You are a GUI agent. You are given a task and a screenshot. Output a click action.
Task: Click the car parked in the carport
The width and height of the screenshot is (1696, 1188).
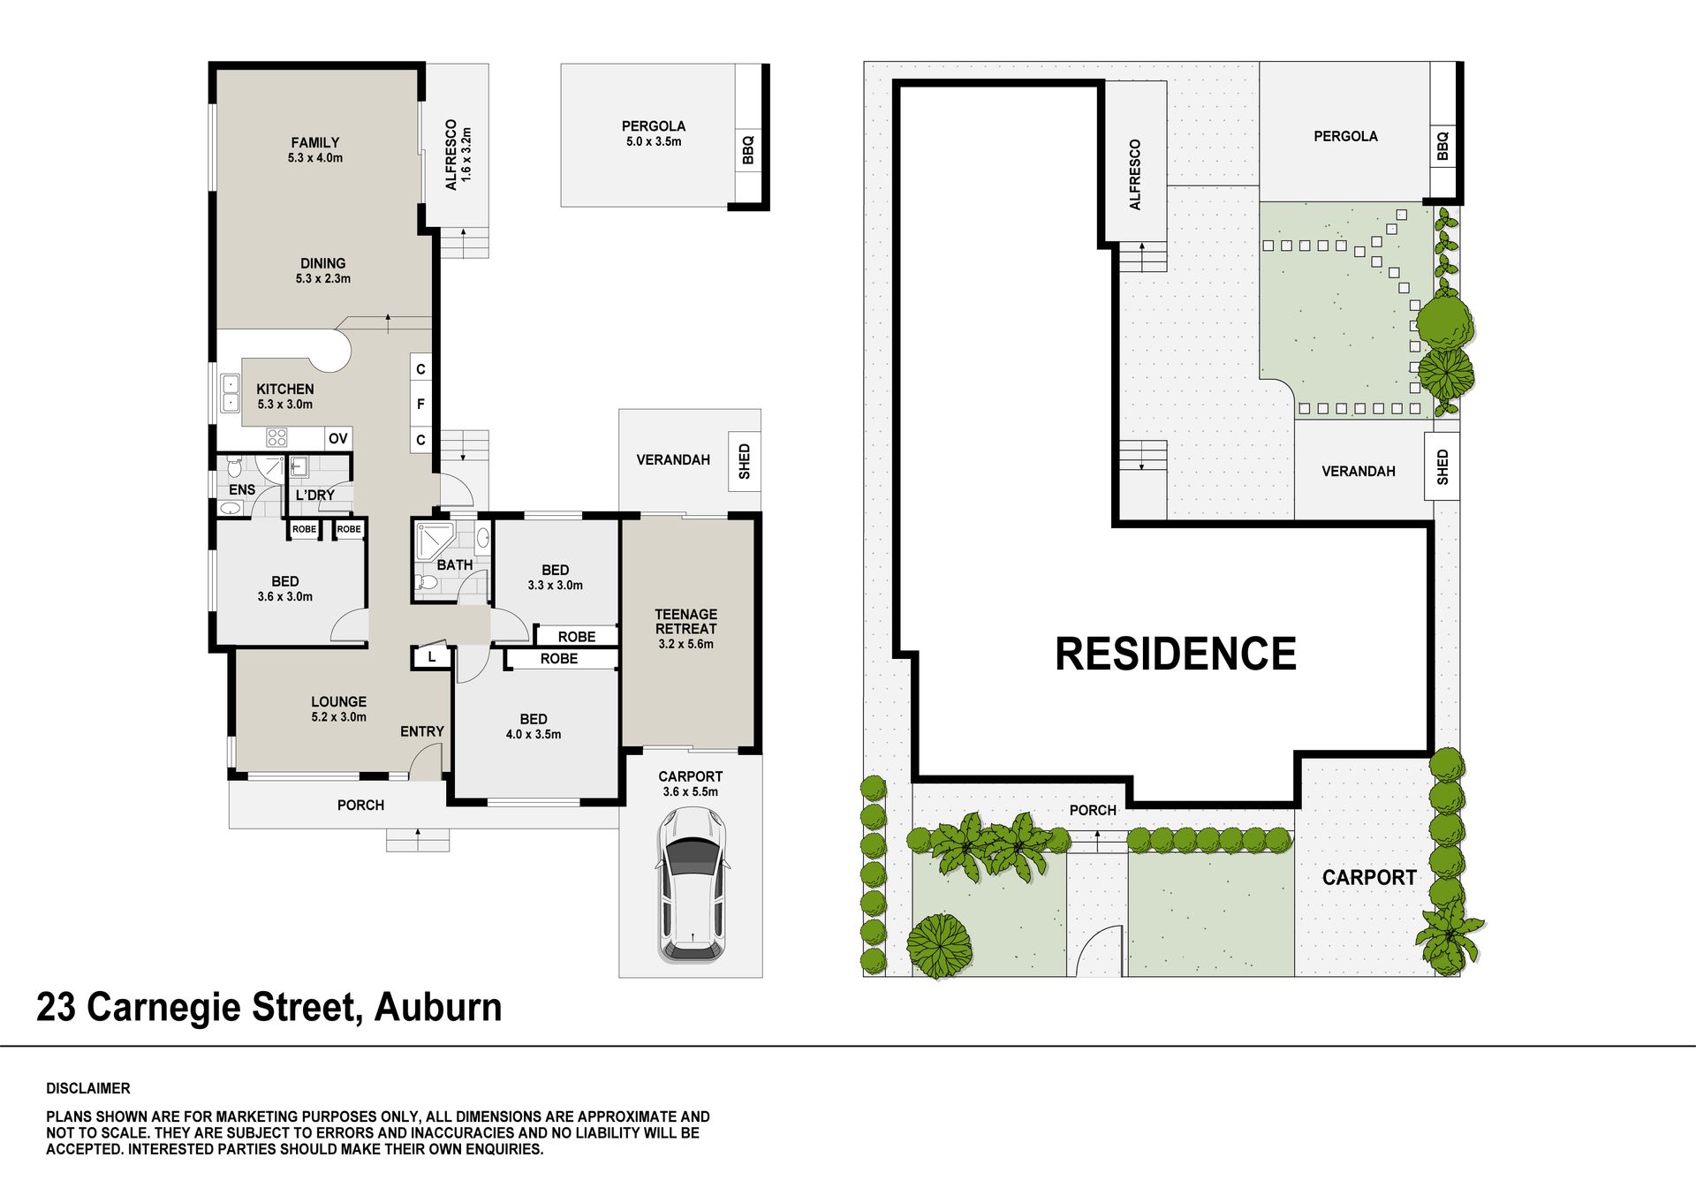[693, 883]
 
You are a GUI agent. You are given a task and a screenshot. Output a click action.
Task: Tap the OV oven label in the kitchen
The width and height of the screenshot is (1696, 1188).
[338, 438]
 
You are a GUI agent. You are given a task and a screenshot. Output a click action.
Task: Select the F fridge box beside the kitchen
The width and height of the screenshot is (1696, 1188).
[420, 404]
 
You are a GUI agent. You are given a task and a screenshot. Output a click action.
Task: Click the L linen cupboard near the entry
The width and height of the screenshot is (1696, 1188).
[432, 657]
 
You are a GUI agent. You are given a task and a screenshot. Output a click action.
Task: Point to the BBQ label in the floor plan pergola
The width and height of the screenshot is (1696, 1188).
[748, 148]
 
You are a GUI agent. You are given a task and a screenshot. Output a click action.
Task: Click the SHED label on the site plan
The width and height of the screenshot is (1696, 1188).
[1442, 466]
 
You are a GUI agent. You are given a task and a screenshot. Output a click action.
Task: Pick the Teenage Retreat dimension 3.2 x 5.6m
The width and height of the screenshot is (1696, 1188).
[686, 644]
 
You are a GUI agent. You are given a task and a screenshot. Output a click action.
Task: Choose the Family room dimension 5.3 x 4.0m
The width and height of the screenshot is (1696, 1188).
[315, 158]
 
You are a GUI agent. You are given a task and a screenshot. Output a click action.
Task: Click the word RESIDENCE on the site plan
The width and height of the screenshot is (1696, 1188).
[1176, 655]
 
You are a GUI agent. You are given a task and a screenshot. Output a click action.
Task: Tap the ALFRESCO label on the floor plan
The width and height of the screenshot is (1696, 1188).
[451, 155]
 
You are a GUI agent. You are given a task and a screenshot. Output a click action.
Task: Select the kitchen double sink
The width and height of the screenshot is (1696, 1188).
[231, 394]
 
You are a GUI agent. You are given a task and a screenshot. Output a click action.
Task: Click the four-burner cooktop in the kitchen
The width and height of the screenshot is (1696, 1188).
[277, 437]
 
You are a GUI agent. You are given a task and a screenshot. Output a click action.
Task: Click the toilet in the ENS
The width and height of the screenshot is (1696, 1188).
[233, 466]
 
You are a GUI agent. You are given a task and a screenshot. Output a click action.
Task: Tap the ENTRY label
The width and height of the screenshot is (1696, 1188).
[422, 731]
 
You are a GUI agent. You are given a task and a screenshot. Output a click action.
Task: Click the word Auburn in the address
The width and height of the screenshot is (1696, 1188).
[438, 1008]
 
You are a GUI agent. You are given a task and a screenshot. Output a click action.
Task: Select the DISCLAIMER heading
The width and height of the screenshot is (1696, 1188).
[88, 1088]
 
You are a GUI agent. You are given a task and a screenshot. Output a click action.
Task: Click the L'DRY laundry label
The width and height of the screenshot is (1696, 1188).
[315, 495]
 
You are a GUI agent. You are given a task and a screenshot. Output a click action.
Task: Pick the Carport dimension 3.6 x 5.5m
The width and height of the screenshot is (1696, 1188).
[691, 791]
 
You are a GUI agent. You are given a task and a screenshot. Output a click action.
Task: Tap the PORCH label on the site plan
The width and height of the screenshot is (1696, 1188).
[1093, 810]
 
